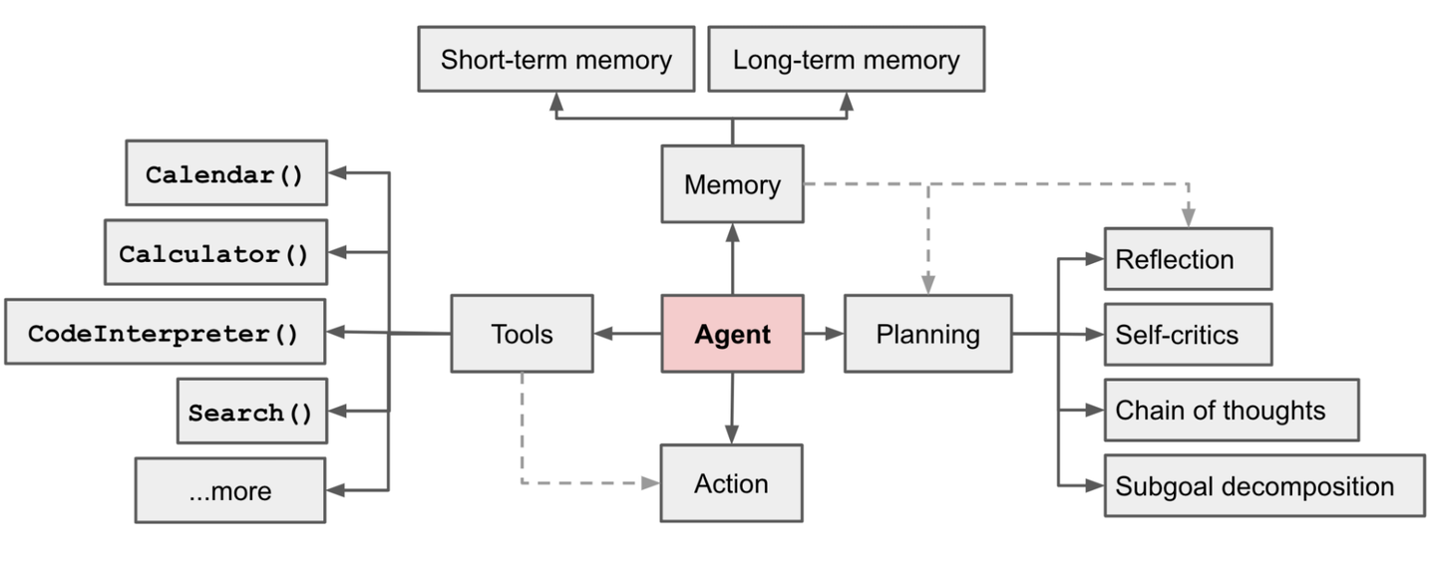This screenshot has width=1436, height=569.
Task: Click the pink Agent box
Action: [732, 334]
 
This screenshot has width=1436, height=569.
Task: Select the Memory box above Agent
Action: [732, 184]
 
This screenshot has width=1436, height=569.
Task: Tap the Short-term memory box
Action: [555, 60]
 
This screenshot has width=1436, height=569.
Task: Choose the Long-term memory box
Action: [846, 60]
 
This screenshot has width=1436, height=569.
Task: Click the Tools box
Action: [522, 334]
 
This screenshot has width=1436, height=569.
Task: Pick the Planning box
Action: [927, 334]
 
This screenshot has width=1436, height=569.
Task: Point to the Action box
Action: [732, 483]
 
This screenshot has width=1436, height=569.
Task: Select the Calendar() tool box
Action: [226, 173]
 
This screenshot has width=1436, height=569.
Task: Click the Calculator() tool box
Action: [215, 253]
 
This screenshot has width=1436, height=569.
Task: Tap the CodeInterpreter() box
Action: [165, 333]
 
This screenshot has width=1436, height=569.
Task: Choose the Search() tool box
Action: [251, 412]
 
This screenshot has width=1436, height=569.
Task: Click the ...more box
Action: [229, 490]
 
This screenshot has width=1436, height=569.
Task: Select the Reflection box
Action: [1187, 259]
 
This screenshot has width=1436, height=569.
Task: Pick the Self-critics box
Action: [1187, 335]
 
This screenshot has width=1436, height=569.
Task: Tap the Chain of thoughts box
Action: [1231, 410]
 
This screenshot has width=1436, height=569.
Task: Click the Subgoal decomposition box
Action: [1263, 486]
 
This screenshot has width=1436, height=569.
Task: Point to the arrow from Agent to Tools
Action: [627, 334]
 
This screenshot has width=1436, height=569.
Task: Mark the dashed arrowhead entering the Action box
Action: [650, 483]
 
